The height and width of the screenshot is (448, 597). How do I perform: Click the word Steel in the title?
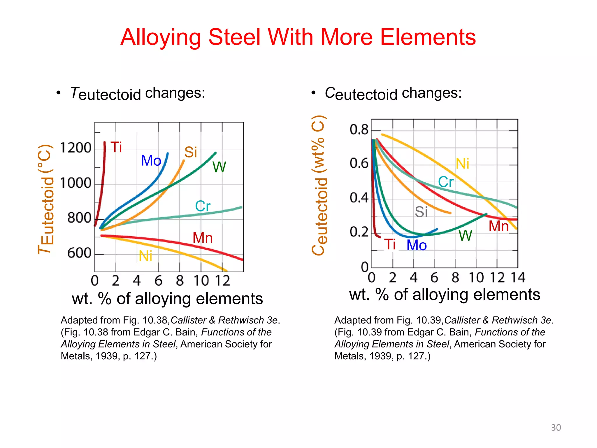pos(234,37)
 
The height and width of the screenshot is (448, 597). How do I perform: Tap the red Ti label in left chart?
pos(116,147)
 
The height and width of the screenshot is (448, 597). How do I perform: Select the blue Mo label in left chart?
pos(151,160)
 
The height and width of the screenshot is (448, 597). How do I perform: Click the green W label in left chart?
pos(219,167)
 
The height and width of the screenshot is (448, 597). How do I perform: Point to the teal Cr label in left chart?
pos(203,206)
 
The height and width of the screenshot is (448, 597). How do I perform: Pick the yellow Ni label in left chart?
pos(145,256)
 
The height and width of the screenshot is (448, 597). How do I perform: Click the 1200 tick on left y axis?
pos(75,148)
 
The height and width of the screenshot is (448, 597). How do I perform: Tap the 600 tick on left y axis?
pos(79,253)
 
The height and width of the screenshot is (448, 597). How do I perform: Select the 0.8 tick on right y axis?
pos(359,129)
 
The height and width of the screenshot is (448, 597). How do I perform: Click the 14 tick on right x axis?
pos(518,277)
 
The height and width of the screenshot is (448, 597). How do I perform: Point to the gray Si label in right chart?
pos(421,212)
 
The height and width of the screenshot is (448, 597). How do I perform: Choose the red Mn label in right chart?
pos(498,226)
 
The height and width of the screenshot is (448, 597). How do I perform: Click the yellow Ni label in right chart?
pos(462,164)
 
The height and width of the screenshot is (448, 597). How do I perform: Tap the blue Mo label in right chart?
pos(417,245)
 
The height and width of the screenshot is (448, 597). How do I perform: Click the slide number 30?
pos(556,428)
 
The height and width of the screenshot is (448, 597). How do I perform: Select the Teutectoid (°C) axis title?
pos(46,199)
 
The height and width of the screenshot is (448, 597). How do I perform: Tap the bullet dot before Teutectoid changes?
pos(59,93)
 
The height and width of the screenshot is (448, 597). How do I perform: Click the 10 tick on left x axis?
pos(201,281)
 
